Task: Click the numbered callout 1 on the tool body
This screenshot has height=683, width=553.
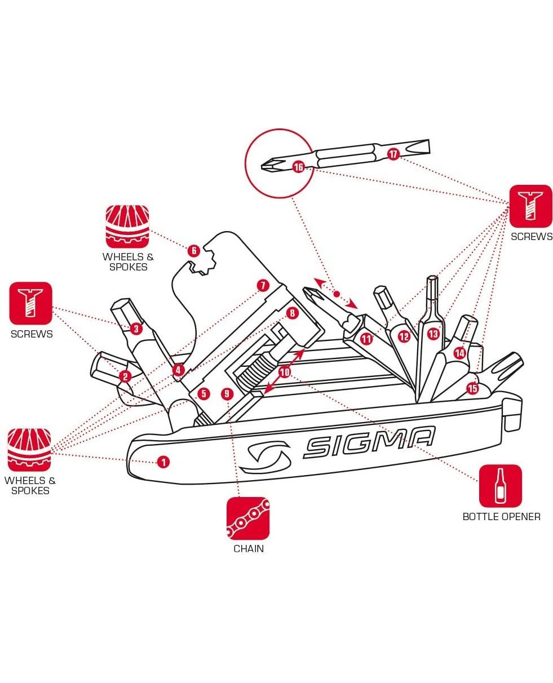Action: [163, 463]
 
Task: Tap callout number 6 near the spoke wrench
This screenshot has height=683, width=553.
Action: [193, 251]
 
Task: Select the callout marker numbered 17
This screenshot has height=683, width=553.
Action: [393, 153]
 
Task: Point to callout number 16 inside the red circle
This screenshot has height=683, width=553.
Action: [298, 167]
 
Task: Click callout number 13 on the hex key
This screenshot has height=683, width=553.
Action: [433, 334]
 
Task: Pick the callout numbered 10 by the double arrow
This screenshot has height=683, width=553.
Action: [285, 372]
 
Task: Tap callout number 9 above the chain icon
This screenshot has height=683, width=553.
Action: [227, 394]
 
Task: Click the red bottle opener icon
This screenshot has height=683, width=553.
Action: [500, 486]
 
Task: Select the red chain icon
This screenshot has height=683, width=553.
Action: [248, 518]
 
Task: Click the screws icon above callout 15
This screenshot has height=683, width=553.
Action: [531, 206]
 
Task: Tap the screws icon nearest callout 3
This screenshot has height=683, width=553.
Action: [30, 303]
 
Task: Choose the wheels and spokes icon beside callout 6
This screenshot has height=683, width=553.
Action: [127, 226]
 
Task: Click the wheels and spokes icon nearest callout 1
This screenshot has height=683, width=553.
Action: [29, 450]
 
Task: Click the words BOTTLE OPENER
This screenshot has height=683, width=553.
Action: [501, 516]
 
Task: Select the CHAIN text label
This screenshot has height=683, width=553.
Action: [248, 548]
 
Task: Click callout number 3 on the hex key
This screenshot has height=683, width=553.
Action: [136, 329]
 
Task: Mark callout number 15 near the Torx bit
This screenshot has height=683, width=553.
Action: [472, 388]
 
